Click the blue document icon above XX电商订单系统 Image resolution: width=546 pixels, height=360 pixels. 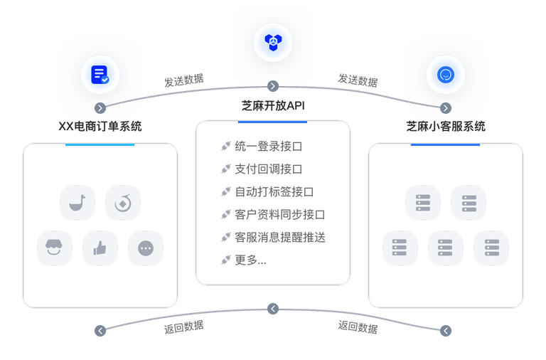(100, 74)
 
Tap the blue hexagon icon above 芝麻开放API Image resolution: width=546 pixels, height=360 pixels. (273, 41)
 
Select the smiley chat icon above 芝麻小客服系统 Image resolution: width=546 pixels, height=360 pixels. (446, 74)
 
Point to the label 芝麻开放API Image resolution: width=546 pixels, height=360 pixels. (273, 106)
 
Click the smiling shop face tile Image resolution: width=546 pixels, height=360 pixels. (55, 249)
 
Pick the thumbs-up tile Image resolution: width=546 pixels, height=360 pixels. (100, 249)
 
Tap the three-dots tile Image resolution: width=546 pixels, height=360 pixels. (146, 249)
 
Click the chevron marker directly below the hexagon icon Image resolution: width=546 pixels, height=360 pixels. (273, 86)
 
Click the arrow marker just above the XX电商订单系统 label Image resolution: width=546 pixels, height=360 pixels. (100, 108)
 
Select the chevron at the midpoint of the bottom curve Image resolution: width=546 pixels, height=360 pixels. (273, 309)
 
